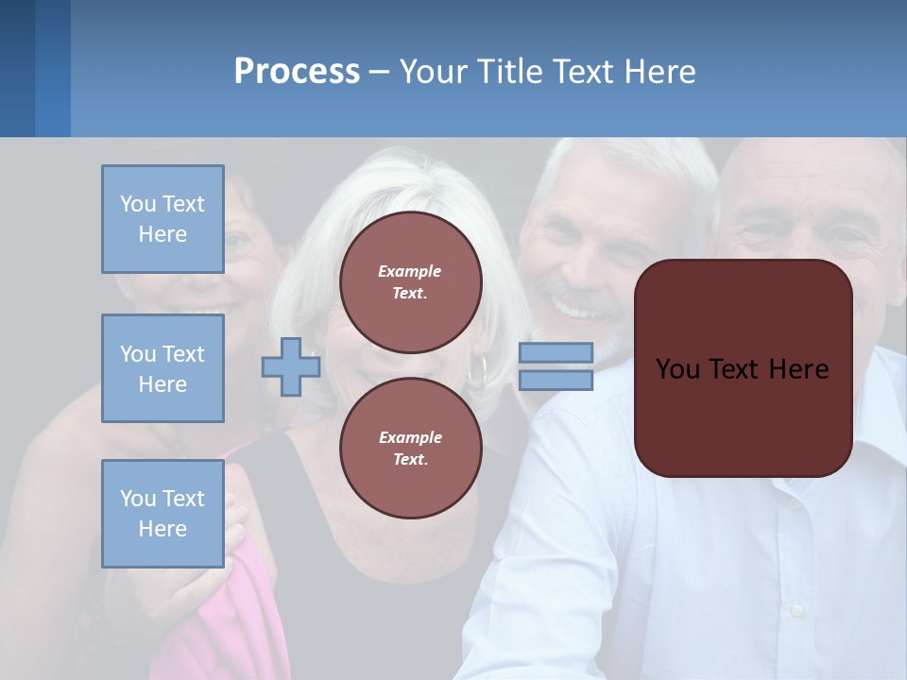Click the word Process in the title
[x=297, y=72]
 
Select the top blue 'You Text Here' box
[x=163, y=219]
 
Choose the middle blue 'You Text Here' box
[x=163, y=368]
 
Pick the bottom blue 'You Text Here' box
[x=163, y=514]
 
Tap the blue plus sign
[x=291, y=366]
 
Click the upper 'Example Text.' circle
[x=410, y=282]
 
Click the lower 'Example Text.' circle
[x=410, y=448]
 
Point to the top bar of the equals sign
[x=556, y=352]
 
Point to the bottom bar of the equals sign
[x=556, y=380]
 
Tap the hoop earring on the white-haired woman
[x=477, y=370]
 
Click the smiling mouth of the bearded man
[x=573, y=307]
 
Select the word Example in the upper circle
[x=410, y=271]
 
